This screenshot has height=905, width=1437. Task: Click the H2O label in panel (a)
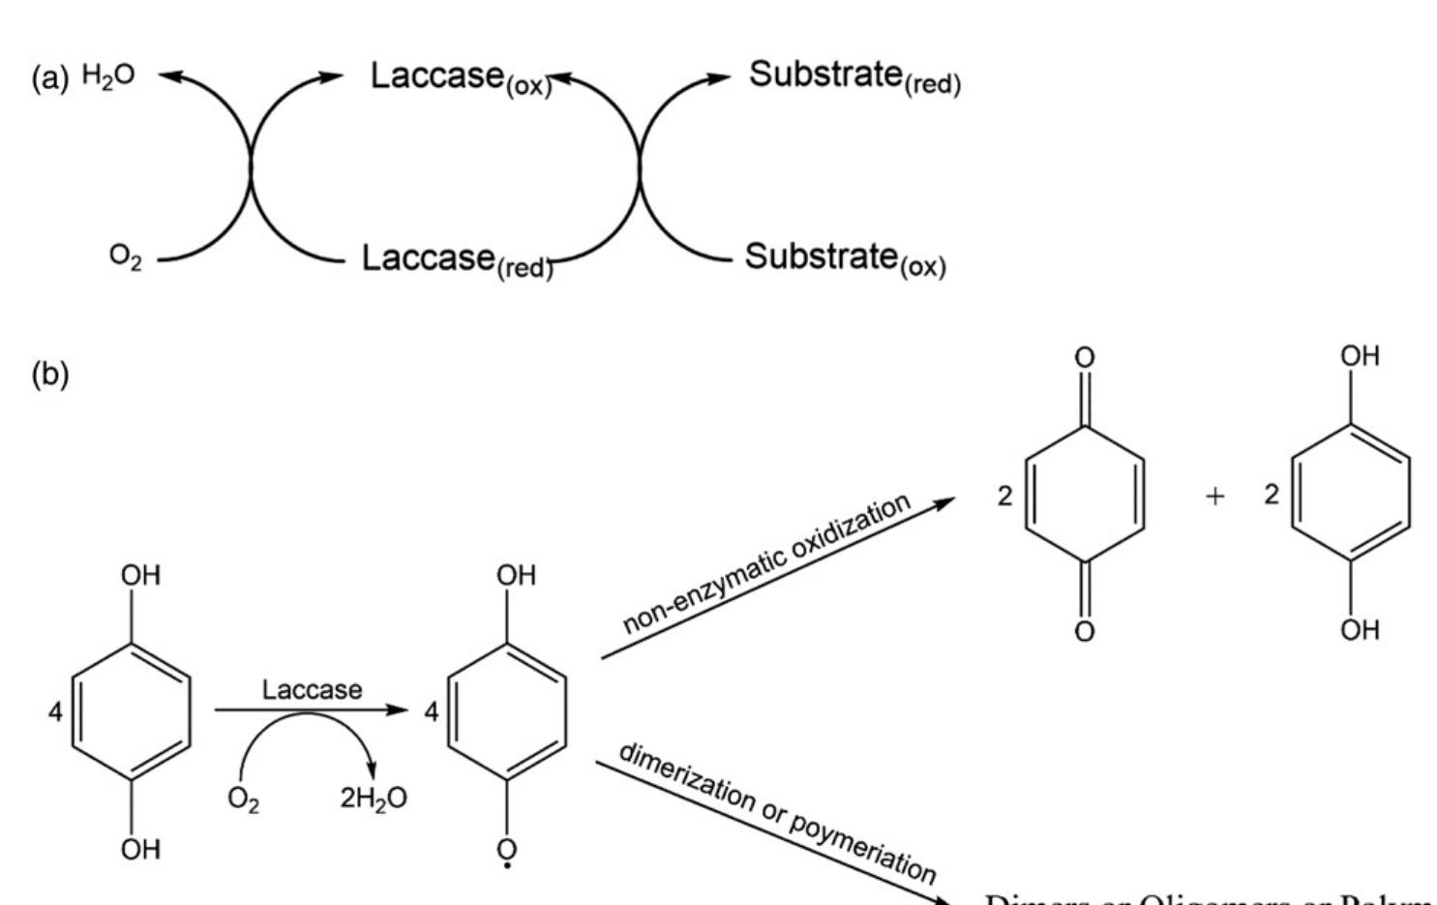click(x=108, y=75)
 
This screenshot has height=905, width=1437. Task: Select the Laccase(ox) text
click(x=461, y=77)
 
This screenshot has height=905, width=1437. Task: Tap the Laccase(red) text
click(x=457, y=259)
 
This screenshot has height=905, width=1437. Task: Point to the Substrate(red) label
click(x=854, y=76)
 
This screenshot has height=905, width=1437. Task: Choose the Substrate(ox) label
click(x=845, y=258)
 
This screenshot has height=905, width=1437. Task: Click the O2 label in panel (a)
click(x=125, y=257)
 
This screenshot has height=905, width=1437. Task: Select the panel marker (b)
click(x=50, y=374)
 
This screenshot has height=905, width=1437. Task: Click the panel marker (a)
click(x=50, y=77)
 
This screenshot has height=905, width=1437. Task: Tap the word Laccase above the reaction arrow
click(x=312, y=690)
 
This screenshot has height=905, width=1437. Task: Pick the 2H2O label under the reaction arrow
click(x=374, y=799)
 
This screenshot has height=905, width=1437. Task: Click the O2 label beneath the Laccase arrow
click(x=243, y=799)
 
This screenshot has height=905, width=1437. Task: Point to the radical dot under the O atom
click(x=507, y=866)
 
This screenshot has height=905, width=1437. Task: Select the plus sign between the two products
click(x=1214, y=496)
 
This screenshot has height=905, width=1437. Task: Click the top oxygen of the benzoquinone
click(x=1085, y=358)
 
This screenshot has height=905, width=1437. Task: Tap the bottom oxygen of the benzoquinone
click(x=1085, y=632)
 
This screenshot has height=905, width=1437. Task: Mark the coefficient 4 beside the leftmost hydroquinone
click(x=55, y=712)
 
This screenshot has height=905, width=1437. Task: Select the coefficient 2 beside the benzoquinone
click(x=1004, y=496)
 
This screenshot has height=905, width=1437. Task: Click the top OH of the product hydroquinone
click(x=1360, y=356)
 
